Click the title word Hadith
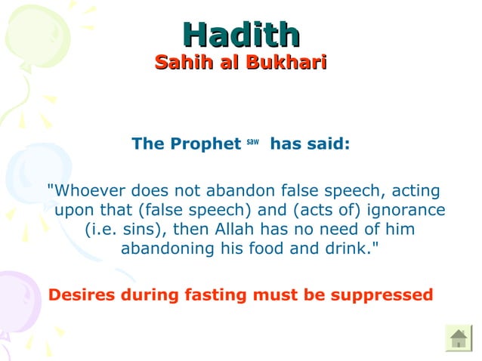[x=241, y=34]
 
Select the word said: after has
[x=326, y=143]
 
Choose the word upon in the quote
[x=73, y=209]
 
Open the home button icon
[x=458, y=337]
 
